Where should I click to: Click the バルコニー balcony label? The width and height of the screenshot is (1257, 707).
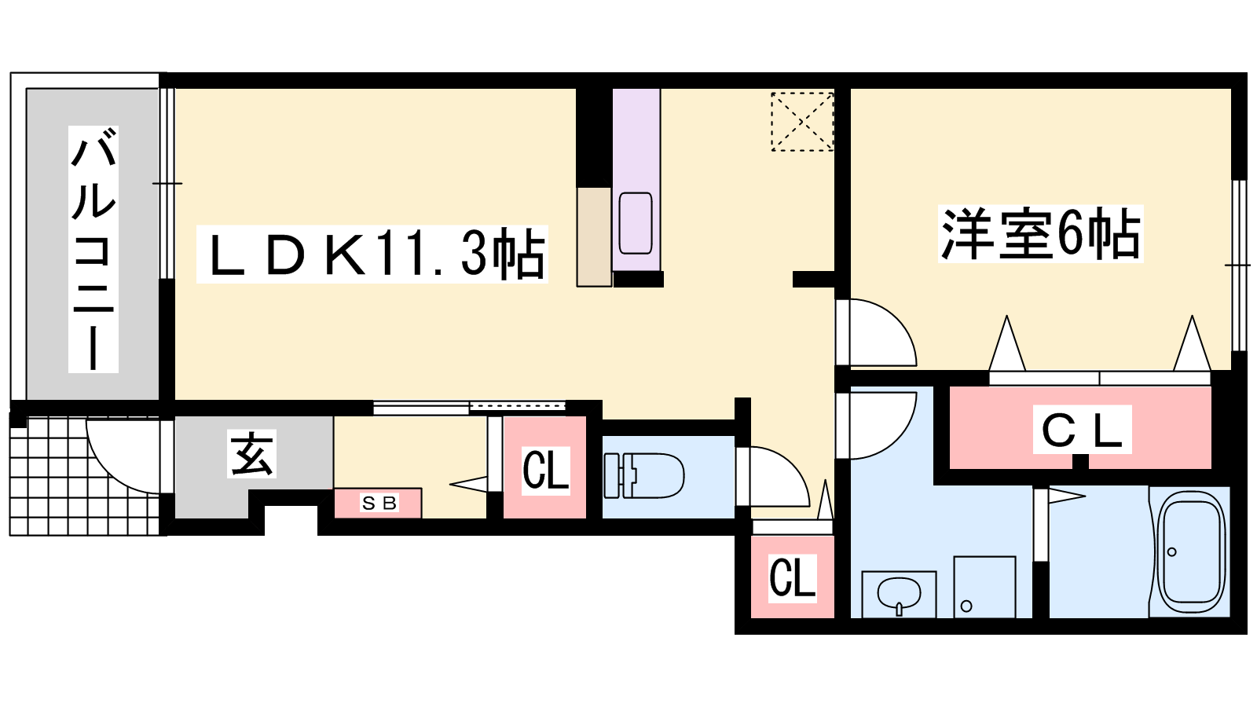[x=93, y=248]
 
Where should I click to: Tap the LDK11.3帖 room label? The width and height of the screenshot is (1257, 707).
[x=372, y=254]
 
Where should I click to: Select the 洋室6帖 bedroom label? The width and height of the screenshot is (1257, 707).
[x=1040, y=233]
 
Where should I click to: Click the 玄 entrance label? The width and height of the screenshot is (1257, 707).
[x=251, y=453]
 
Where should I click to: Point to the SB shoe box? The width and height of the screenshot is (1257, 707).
[x=378, y=503]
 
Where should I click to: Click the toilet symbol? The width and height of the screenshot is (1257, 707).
[x=643, y=476]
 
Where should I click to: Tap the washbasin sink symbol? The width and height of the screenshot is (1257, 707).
[x=899, y=594]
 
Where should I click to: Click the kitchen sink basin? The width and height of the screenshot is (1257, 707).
[x=636, y=223]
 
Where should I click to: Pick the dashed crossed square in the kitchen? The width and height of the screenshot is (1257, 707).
[x=802, y=121]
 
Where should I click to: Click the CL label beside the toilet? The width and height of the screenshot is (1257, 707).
[x=545, y=471]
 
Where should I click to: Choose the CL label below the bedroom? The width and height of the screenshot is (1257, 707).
[x=1082, y=429]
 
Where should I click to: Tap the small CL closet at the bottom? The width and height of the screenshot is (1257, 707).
[x=792, y=578]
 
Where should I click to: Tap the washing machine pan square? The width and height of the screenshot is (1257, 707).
[x=985, y=587]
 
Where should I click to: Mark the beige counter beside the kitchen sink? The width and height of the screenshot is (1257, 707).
[x=594, y=236]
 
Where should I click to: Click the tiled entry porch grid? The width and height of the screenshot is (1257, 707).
[x=87, y=477]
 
